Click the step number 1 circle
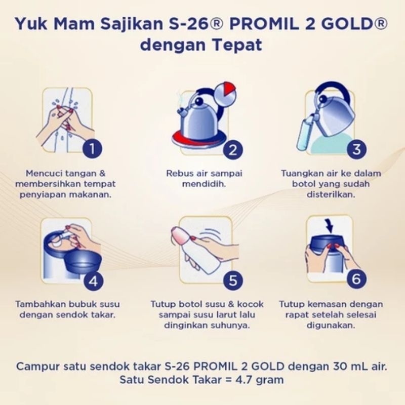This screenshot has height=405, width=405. click(92, 148)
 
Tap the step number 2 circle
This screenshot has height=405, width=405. click(233, 150)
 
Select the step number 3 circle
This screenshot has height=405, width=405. click(357, 149)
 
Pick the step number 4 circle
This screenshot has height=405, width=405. click(94, 281)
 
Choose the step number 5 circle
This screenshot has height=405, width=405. click(233, 280)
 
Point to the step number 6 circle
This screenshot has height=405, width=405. click(356, 279)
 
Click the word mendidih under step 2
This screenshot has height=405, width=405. click(204, 184)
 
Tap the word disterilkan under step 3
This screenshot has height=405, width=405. click(331, 194)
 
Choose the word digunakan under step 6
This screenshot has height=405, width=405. click(331, 325)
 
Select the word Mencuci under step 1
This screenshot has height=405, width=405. click(43, 173)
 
